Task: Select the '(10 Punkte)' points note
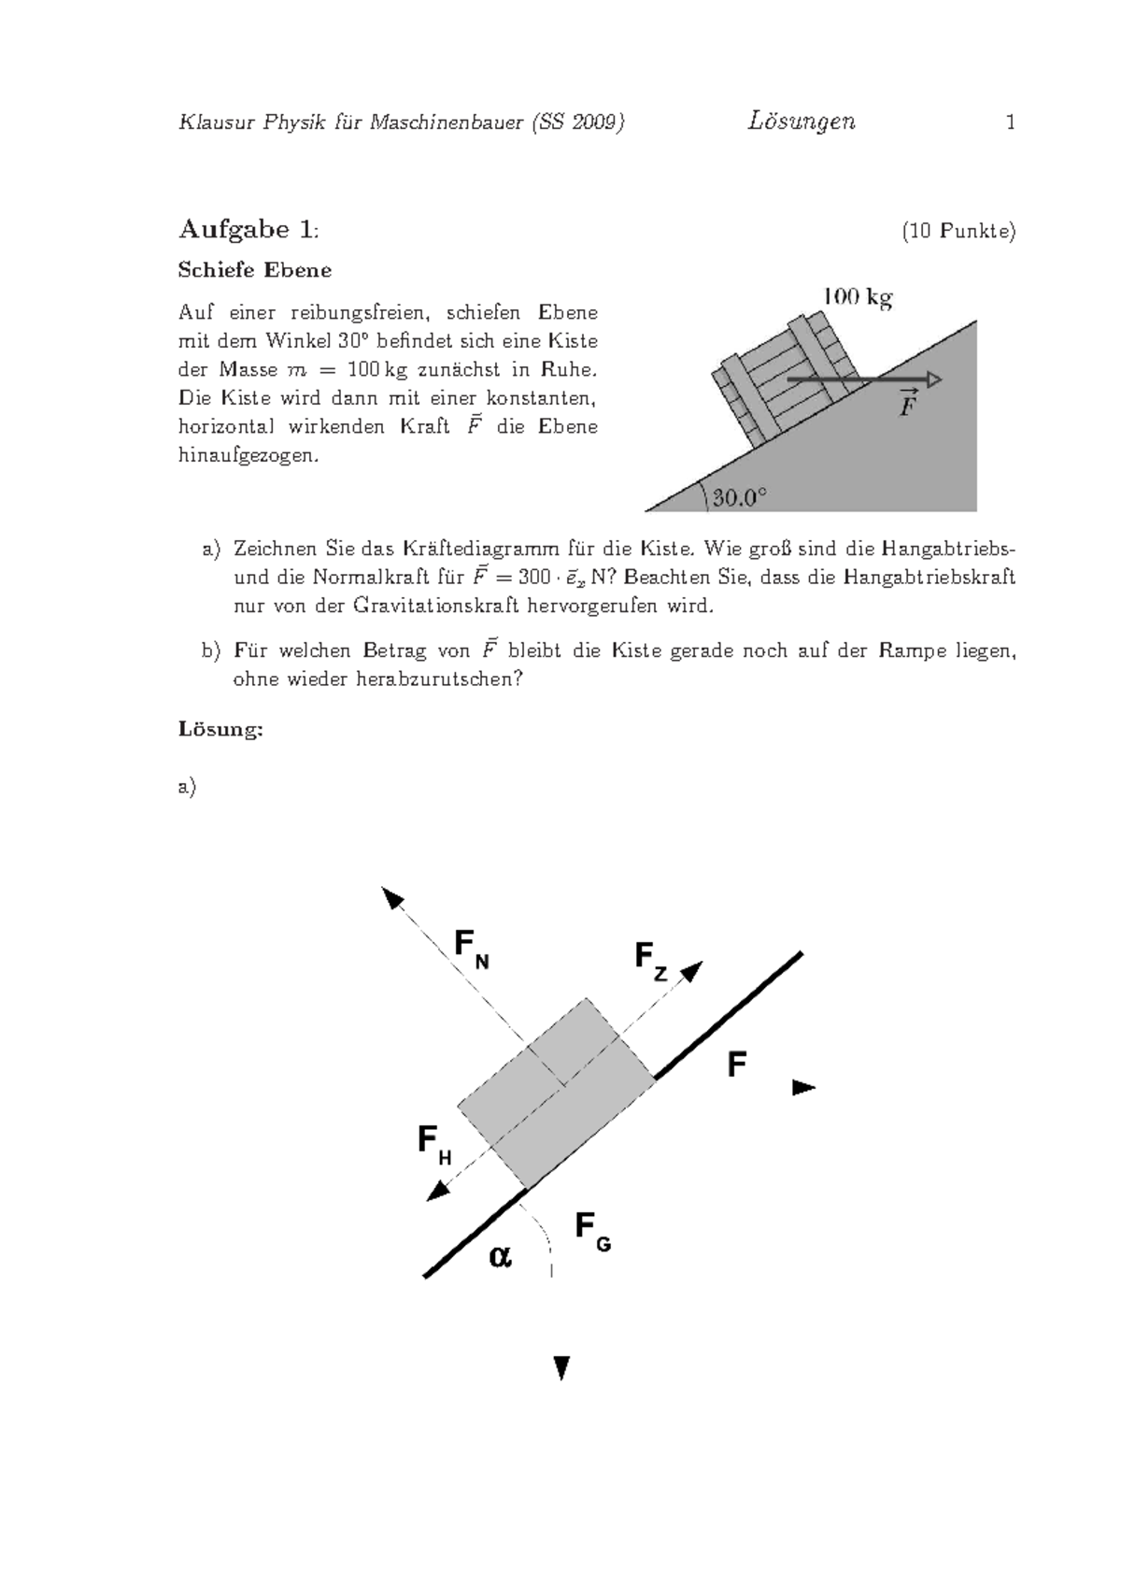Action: tap(958, 232)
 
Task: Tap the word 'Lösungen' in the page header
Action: tap(801, 122)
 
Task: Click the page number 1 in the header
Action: tap(1010, 122)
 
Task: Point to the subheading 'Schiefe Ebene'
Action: tap(254, 271)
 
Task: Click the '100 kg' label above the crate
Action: tap(857, 298)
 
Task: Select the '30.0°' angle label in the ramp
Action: tap(740, 497)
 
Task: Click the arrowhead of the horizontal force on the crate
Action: tap(934, 379)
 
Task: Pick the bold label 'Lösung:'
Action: tap(220, 730)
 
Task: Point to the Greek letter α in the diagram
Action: tap(500, 1258)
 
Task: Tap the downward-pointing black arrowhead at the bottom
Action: tap(561, 1368)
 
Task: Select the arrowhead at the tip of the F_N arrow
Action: tap(392, 899)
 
